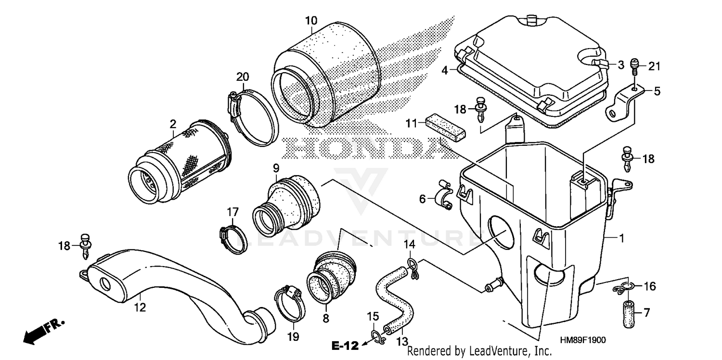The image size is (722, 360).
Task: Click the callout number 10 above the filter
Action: [311, 21]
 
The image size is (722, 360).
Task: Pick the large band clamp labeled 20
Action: [252, 117]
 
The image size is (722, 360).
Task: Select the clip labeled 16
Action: [623, 288]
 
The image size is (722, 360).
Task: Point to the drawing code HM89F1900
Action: [581, 340]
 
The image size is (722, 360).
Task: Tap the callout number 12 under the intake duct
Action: [140, 307]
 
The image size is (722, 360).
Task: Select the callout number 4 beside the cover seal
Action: [446, 71]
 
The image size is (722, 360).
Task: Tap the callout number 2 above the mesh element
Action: [172, 124]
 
